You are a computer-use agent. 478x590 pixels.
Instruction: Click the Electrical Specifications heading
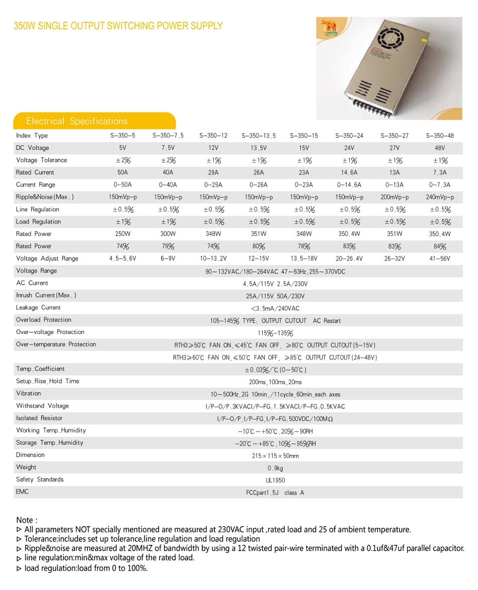coord(77,121)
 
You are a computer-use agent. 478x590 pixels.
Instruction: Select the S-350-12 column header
coord(213,136)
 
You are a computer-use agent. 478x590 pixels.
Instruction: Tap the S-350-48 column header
coord(440,136)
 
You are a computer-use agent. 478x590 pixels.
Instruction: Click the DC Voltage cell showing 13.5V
coord(259,148)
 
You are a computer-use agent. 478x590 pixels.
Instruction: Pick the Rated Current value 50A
coord(123,173)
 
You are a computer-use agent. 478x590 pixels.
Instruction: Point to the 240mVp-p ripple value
coord(440,198)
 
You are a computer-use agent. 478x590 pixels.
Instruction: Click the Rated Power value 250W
coord(123,234)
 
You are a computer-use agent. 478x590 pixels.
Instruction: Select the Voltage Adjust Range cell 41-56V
coord(440,259)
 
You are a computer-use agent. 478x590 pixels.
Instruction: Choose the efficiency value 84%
coord(440,246)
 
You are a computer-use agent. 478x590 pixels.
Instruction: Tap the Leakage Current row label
coord(38,308)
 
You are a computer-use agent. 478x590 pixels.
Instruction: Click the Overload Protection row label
coord(44,320)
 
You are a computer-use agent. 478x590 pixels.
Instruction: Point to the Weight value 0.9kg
coord(275,468)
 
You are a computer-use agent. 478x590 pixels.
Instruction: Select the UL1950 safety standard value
coord(275,480)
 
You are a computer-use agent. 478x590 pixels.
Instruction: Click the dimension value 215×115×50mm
coord(275,456)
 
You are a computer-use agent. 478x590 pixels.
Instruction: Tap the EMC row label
coord(23,492)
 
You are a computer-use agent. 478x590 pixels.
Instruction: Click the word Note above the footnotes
coord(27,520)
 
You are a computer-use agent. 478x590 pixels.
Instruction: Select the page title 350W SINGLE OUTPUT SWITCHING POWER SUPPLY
coord(118,26)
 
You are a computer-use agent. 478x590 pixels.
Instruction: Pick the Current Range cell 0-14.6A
coord(349,185)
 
